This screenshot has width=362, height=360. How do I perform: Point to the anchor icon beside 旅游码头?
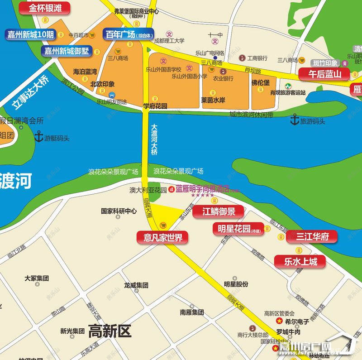[x=295, y=120]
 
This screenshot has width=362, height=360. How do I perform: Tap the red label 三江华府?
[x=312, y=236]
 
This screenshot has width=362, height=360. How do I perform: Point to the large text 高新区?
[x=110, y=331]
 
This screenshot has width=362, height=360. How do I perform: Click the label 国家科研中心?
[x=119, y=211]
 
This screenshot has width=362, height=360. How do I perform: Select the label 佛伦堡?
[x=261, y=83]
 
